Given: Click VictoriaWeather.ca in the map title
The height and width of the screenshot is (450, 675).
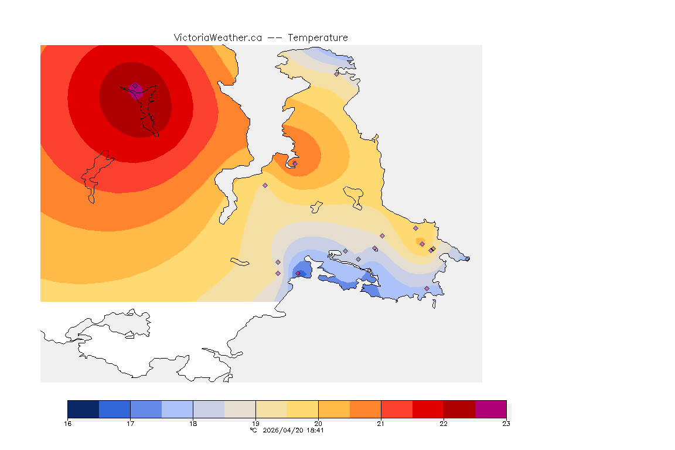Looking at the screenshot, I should [217, 37].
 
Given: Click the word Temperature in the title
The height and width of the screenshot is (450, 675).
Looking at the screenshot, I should [318, 37].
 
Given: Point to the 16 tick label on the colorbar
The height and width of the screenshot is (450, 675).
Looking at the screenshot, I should [67, 424].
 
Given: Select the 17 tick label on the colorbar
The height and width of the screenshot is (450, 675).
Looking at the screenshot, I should [130, 424].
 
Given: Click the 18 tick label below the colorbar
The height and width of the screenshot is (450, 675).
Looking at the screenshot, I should [193, 424].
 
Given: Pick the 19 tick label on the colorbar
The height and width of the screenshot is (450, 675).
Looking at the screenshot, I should [255, 424].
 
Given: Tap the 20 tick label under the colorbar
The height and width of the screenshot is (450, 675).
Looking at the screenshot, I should [318, 424].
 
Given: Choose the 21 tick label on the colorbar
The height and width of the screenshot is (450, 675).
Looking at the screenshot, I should [381, 424].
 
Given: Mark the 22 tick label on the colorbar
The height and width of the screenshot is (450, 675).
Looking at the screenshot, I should [444, 424].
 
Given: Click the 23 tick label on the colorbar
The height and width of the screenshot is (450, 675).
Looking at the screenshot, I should [506, 424].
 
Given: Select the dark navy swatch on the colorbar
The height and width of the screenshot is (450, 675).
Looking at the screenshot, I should [83, 409].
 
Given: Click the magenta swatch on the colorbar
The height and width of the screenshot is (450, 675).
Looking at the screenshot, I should [490, 409].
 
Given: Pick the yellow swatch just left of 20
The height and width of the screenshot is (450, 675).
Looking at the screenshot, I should [302, 409].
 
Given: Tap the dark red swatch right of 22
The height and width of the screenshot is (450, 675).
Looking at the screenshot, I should [459, 409].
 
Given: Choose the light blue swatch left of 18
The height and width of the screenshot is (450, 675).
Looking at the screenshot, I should [177, 409].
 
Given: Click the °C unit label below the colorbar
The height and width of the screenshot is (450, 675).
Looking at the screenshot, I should [254, 430].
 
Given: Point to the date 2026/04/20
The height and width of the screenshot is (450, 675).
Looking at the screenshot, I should [281, 430].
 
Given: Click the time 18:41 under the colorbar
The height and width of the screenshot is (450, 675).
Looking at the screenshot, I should [315, 430].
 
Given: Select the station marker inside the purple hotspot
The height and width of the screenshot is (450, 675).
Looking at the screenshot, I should [135, 86].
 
